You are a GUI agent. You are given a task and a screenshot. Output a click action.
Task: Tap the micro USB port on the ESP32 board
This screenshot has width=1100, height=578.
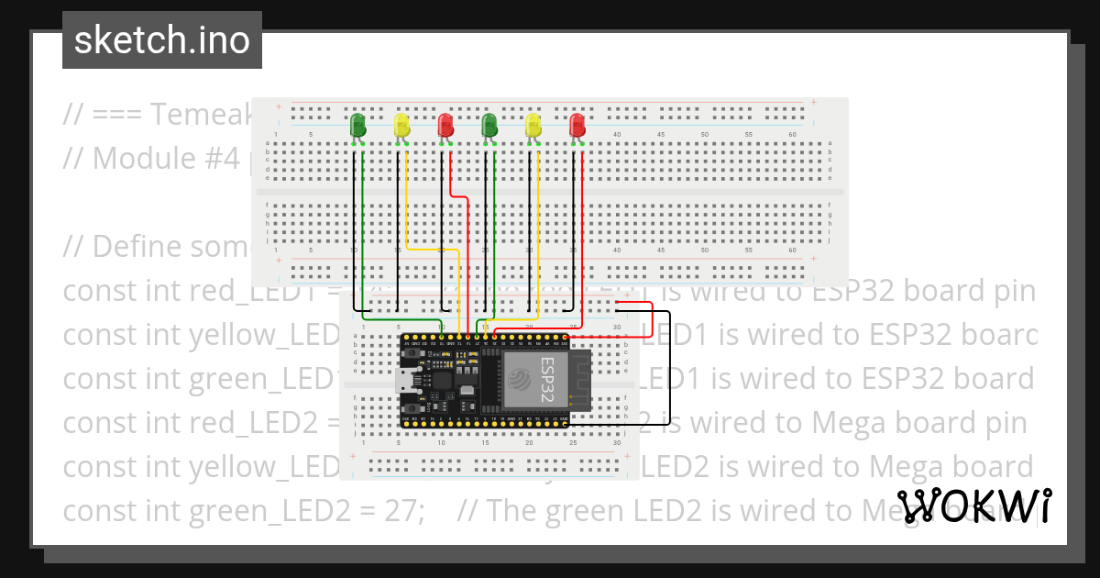pos(404,381)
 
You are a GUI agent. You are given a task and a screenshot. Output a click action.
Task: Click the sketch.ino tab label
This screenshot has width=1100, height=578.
pos(161,40)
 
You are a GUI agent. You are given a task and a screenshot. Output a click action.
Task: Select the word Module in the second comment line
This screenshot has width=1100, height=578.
pos(138,158)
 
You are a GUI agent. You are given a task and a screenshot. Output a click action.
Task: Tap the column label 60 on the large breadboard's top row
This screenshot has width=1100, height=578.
pos(793,135)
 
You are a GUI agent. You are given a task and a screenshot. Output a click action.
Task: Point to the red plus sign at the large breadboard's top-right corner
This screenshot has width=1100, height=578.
pos(812,106)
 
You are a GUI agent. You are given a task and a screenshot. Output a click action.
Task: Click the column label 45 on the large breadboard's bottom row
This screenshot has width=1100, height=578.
pos(661,250)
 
